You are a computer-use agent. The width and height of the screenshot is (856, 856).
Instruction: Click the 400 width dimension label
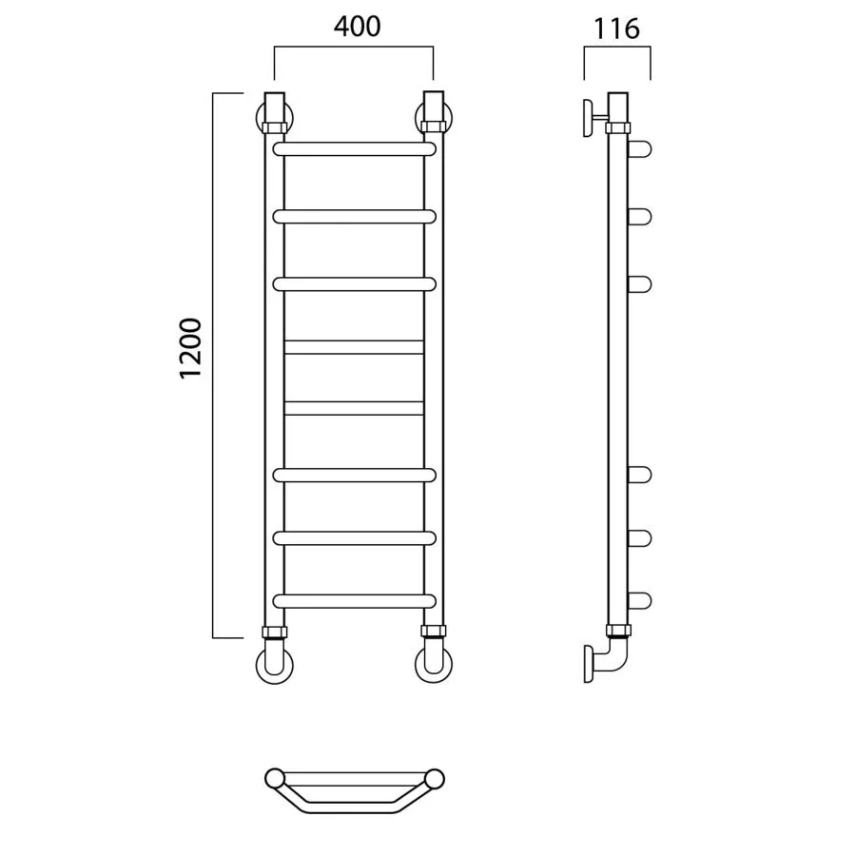(357, 27)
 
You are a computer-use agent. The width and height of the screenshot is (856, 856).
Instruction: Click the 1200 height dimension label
(191, 348)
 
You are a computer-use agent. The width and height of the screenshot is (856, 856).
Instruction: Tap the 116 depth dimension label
(616, 29)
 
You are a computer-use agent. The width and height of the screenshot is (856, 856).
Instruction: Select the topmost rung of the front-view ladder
(355, 149)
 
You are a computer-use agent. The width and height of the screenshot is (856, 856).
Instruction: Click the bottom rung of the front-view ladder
(355, 601)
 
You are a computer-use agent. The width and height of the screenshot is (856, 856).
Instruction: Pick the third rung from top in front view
(355, 284)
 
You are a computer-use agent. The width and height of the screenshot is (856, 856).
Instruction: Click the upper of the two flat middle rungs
(355, 347)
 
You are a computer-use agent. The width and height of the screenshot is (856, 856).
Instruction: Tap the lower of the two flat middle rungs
(355, 408)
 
